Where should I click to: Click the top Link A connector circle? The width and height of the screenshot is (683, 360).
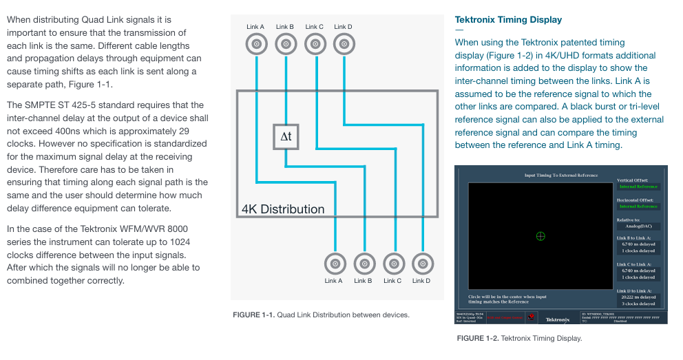tap(256, 45)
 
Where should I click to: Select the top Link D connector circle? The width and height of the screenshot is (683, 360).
tap(344, 45)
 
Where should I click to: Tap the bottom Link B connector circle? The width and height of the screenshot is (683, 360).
tap(364, 264)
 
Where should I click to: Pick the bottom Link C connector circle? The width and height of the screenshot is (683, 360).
tap(393, 264)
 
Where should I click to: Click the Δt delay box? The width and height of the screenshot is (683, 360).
tap(286, 137)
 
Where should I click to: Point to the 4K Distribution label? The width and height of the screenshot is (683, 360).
tap(282, 209)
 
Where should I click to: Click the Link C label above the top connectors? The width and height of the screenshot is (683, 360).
tap(314, 27)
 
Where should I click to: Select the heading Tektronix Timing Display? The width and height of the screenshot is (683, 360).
tap(508, 20)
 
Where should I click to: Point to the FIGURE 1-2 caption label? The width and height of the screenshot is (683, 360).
tap(478, 338)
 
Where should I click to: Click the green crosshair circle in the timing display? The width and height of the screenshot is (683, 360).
tap(540, 236)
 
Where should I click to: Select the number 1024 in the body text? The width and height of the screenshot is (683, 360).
tap(178, 242)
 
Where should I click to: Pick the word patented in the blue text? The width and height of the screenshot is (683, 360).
tap(577, 43)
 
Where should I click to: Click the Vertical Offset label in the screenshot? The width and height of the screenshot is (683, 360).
tap(634, 180)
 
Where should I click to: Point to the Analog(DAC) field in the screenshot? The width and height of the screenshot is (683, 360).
tap(638, 226)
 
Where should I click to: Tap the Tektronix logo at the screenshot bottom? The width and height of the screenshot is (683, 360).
tap(558, 319)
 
